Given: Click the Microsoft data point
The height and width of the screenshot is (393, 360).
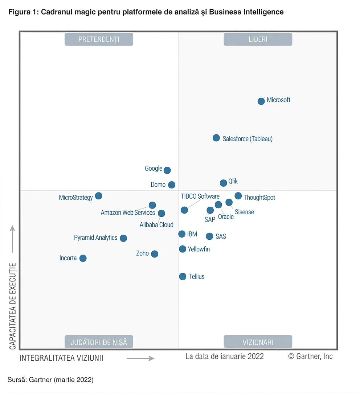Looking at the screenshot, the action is click(261, 101).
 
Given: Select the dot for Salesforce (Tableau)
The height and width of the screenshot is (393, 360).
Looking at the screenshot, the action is click(216, 138).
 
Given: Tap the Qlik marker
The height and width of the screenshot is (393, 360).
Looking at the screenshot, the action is click(223, 183).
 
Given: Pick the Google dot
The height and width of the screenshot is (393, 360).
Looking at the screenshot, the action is click(167, 170).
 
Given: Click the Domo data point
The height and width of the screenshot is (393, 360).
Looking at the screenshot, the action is click(172, 185).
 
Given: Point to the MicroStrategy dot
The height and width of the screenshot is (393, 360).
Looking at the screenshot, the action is click(99, 196).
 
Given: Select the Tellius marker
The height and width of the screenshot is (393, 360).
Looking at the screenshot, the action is click(183, 277).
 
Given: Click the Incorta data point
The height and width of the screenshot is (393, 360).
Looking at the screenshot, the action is click(83, 258).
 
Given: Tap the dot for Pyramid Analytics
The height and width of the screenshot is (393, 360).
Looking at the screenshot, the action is click(123, 238).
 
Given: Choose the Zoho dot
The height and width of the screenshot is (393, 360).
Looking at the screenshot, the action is click(155, 254).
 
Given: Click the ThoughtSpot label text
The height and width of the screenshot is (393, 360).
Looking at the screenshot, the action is click(259, 198).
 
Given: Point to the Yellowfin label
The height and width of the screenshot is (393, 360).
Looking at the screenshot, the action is click(199, 249).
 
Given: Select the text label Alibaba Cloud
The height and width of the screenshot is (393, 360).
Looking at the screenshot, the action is click(156, 224).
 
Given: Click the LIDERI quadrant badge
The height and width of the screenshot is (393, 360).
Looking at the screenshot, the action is click(258, 39).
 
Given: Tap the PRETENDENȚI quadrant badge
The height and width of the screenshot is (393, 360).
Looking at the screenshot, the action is click(99, 39).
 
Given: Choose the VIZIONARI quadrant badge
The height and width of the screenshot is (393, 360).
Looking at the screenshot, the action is click(258, 342).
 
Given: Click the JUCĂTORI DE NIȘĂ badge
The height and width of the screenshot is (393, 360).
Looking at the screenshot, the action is click(99, 342).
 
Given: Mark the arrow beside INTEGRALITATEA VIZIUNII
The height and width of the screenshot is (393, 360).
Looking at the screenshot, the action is click(140, 358).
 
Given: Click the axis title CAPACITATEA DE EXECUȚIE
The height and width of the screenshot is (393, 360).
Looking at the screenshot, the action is click(12, 306).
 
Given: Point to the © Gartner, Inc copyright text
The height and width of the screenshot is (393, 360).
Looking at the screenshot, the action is click(310, 356).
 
